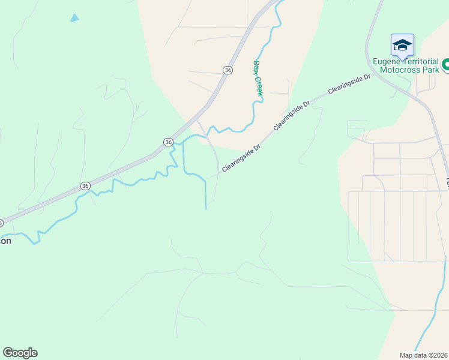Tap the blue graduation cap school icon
coord(402,45)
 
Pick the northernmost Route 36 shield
coord(228,70)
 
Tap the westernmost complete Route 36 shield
coord(85,186)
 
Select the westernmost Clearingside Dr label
coord(241,158)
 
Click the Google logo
coord(20,353)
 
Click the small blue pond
coord(74,18)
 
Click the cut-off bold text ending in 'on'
coord(5,241)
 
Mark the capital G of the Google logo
coord(8,353)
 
